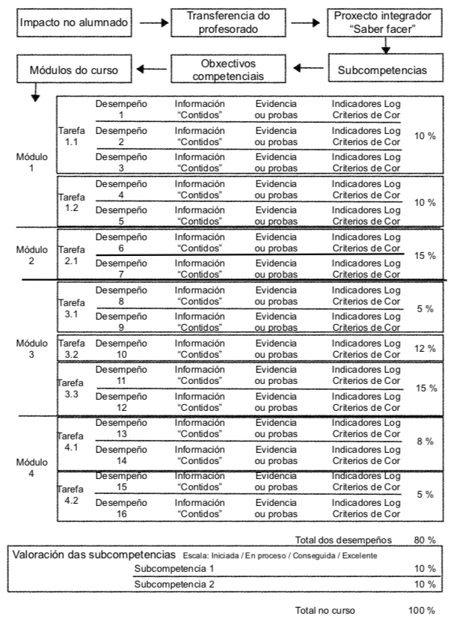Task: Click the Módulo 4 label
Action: [31, 467]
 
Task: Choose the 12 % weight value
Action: [425, 349]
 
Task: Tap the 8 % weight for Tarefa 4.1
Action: [425, 442]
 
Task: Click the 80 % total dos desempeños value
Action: [424, 539]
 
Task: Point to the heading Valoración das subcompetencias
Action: [94, 555]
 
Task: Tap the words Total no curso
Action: [326, 611]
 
